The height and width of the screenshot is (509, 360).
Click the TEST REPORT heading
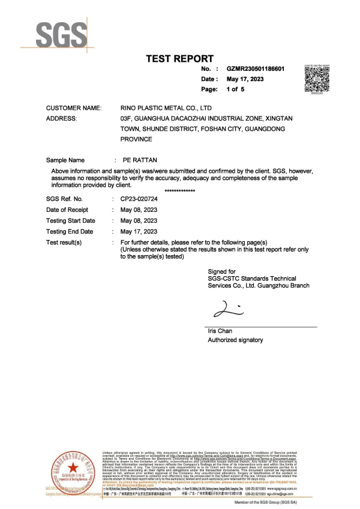click(x=180, y=58)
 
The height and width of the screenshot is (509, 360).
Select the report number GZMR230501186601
click(x=259, y=70)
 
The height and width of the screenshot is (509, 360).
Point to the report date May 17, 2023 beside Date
click(x=245, y=79)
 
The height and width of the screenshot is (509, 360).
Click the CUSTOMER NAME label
click(x=74, y=108)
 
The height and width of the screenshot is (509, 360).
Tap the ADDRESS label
click(x=61, y=119)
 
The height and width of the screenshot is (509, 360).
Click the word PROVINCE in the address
click(x=136, y=139)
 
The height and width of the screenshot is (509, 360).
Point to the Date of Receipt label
click(x=67, y=209)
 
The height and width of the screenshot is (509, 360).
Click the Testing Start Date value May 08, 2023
click(x=139, y=220)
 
